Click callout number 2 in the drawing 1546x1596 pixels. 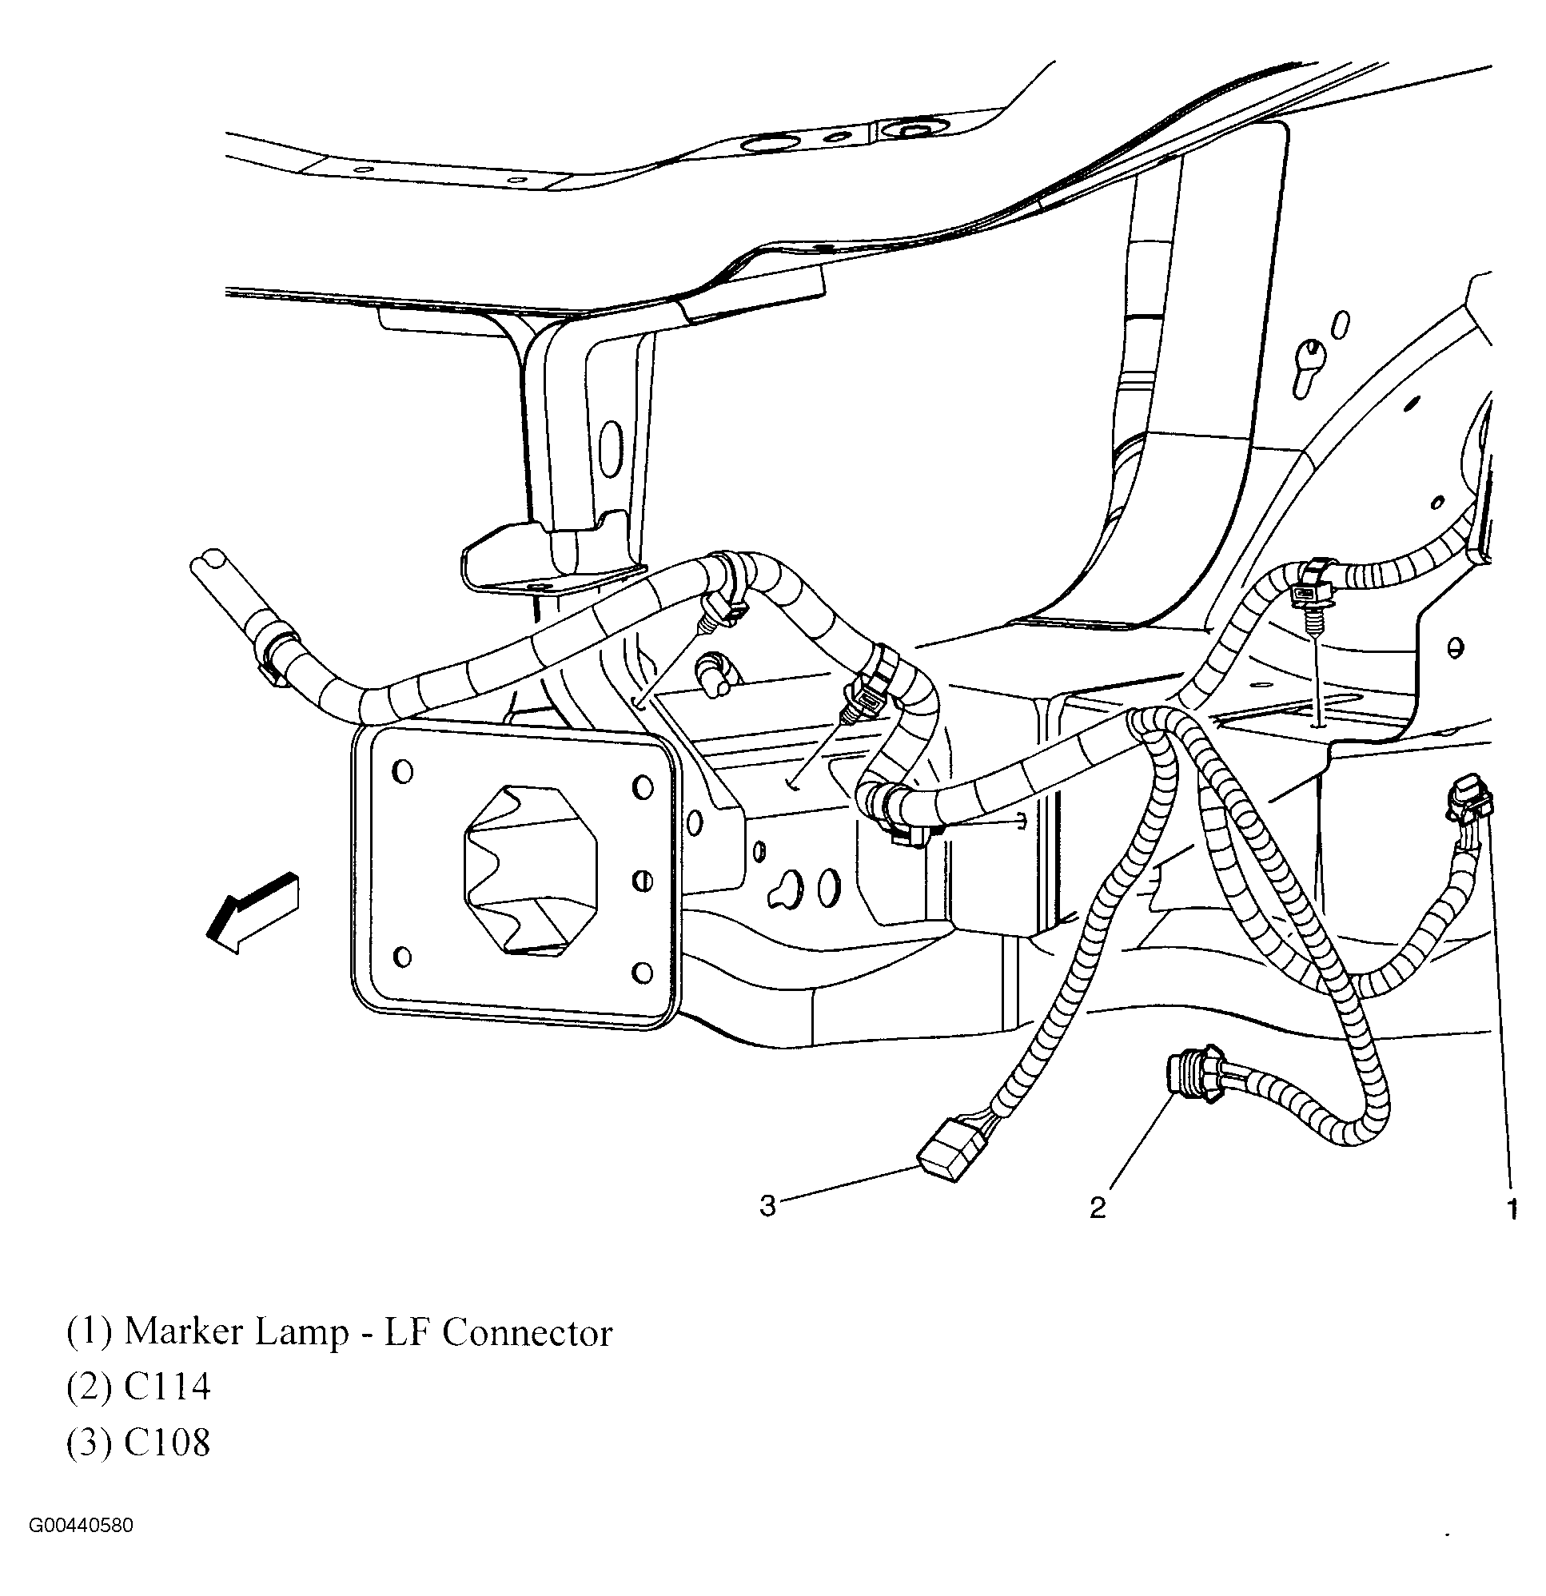click(x=1098, y=1208)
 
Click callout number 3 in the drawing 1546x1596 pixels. click(x=767, y=1205)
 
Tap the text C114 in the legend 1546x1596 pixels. click(x=167, y=1387)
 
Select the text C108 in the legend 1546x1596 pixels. click(x=167, y=1442)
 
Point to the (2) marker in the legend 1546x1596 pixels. click(x=88, y=1387)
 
